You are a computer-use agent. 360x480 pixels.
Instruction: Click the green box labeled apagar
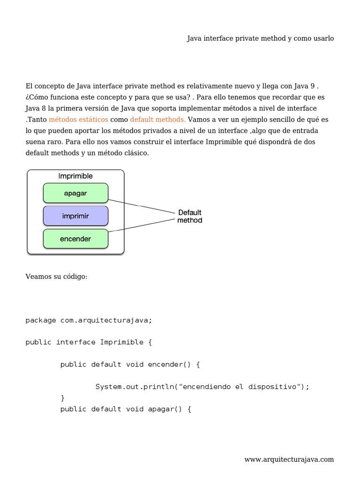pos(75,193)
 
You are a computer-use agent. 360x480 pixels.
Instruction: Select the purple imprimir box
pos(75,216)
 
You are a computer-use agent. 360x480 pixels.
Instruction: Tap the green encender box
pos(75,239)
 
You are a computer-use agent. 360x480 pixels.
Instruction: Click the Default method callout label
pos(190,216)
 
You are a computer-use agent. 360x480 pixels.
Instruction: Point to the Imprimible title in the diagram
pos(75,176)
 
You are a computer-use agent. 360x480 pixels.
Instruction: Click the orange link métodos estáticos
pos(78,119)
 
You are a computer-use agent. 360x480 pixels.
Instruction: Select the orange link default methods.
pos(158,119)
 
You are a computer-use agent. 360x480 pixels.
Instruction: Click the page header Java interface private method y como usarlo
pos(260,38)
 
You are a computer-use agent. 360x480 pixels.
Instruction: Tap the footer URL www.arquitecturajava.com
pos(289,459)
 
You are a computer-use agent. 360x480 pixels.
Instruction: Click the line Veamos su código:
pos(56,277)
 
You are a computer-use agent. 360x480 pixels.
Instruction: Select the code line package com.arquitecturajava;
pos(89,320)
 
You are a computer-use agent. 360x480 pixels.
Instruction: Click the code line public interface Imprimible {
pos(89,342)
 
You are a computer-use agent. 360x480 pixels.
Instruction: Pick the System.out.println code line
pos(202,387)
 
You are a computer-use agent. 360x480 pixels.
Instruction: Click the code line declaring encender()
pos(130,364)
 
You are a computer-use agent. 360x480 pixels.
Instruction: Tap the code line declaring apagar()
pos(126,409)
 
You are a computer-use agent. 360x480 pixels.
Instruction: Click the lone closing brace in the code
pos(63,398)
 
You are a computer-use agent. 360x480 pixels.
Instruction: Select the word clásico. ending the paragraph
pos(136,153)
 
